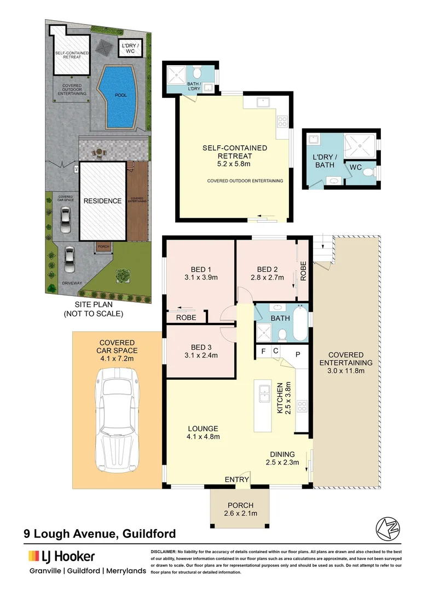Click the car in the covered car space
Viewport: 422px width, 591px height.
(116, 419)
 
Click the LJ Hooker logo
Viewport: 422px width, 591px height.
(61, 557)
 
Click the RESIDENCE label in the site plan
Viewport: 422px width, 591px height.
(102, 201)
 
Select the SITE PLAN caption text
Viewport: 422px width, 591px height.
(93, 309)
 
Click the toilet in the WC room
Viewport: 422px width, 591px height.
(368, 173)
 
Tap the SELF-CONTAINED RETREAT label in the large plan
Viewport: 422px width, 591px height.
(234, 152)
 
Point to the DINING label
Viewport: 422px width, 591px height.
(282, 454)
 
